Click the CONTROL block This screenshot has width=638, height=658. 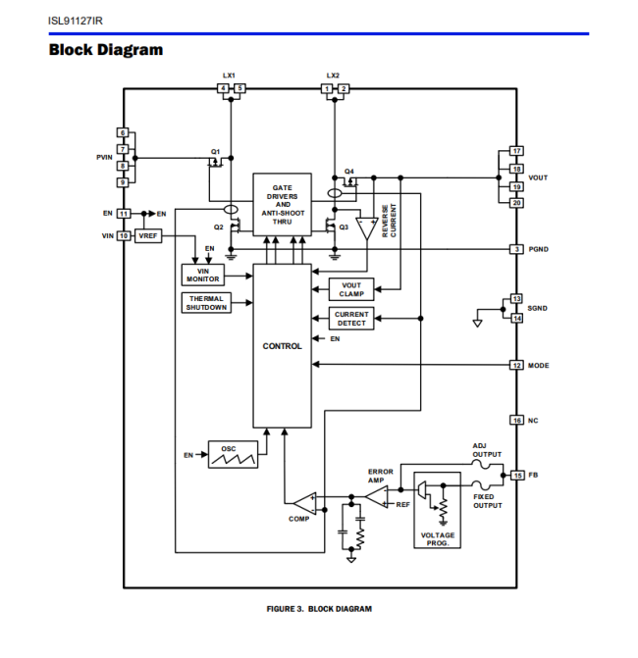[x=283, y=345]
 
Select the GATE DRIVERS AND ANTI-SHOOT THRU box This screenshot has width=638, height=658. [x=283, y=204]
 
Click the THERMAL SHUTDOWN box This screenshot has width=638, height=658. [x=206, y=303]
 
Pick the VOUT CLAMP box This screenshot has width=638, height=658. [x=351, y=289]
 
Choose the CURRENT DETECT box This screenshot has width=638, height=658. [x=351, y=319]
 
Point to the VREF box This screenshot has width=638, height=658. [x=148, y=236]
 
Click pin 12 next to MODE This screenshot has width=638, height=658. [x=516, y=365]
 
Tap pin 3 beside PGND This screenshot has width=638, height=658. [x=516, y=249]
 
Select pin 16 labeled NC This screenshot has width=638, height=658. [x=516, y=420]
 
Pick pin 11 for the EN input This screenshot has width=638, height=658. [x=124, y=213]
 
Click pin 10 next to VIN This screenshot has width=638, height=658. [x=124, y=235]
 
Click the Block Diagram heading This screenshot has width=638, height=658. [x=106, y=50]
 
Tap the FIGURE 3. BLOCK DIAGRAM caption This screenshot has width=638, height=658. [x=319, y=609]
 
